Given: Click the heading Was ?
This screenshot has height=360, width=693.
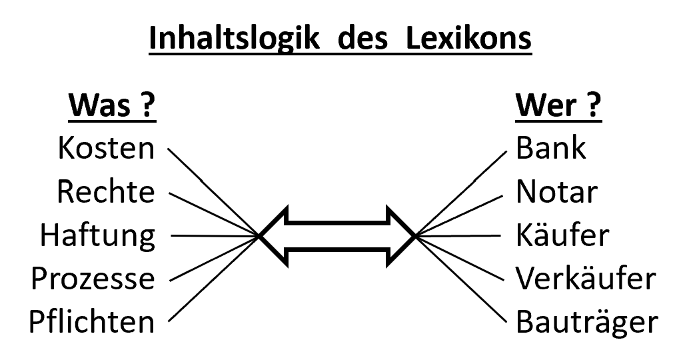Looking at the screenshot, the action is (111, 107).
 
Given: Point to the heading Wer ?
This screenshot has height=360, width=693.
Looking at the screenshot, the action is (558, 107).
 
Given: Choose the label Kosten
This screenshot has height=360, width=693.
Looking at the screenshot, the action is (106, 148).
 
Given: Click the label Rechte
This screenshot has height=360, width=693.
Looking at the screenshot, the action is (106, 192).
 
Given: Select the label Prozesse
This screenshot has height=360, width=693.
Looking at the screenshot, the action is (93, 279).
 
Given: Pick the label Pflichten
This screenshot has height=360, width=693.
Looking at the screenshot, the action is (91, 323).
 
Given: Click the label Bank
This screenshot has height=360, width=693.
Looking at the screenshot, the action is (551, 148).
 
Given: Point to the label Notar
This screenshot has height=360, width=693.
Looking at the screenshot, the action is (557, 192).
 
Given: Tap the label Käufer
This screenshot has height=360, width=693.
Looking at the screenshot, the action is (562, 235).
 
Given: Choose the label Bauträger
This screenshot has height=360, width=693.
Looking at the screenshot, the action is (587, 323).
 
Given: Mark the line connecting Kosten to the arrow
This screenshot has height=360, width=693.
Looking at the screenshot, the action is (213, 192).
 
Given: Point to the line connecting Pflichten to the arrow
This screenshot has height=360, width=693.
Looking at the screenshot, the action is (213, 279).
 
